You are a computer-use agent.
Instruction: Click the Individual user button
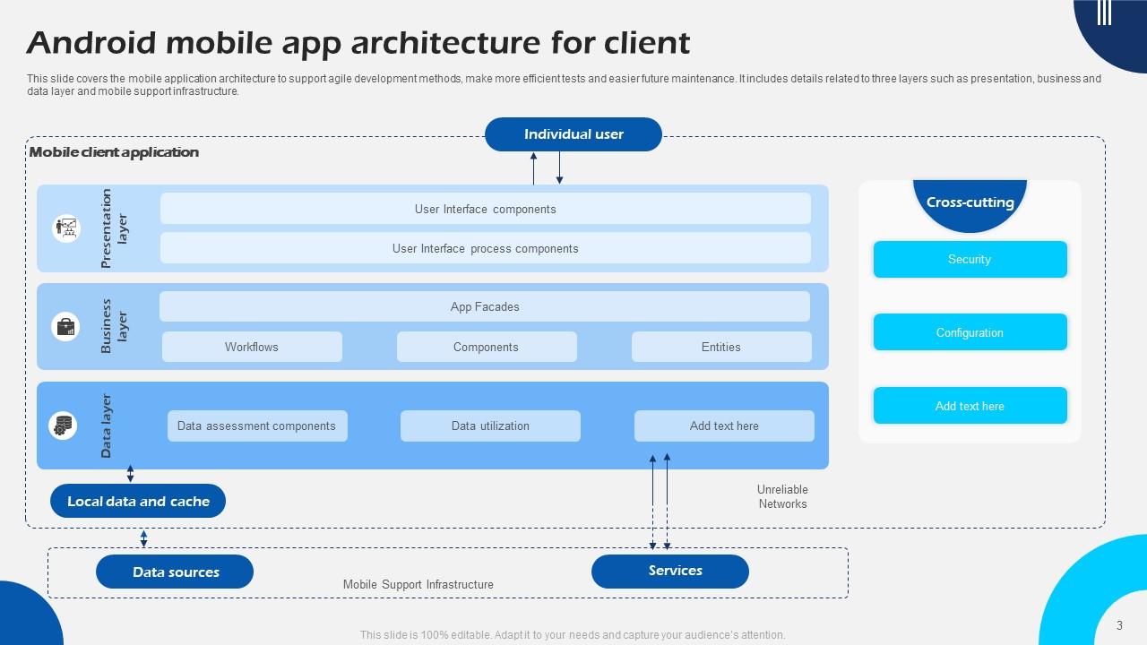click(x=573, y=134)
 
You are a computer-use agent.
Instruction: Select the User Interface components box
click(x=485, y=209)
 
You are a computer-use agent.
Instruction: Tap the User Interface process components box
click(x=485, y=248)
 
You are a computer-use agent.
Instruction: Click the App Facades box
click(x=485, y=306)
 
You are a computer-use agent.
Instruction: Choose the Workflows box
click(x=252, y=347)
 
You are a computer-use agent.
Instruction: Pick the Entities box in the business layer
click(x=721, y=347)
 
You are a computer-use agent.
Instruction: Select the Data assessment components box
click(x=256, y=426)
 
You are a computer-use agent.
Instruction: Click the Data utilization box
click(x=490, y=426)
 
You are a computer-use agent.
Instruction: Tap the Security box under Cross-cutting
click(x=970, y=259)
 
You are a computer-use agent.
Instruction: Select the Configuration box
click(x=970, y=332)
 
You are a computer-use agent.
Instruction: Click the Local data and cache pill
click(x=138, y=501)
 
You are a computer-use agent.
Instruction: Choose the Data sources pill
click(x=175, y=572)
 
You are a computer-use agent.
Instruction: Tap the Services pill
click(x=670, y=571)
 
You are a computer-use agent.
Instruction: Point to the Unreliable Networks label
click(x=782, y=496)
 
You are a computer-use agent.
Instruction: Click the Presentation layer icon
click(x=66, y=228)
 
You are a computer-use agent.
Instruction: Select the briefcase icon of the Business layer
click(x=66, y=326)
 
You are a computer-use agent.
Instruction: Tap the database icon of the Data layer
click(x=63, y=426)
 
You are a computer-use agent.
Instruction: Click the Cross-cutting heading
click(x=970, y=202)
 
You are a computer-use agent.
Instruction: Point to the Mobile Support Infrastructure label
click(x=418, y=584)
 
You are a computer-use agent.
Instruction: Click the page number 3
click(x=1119, y=625)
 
